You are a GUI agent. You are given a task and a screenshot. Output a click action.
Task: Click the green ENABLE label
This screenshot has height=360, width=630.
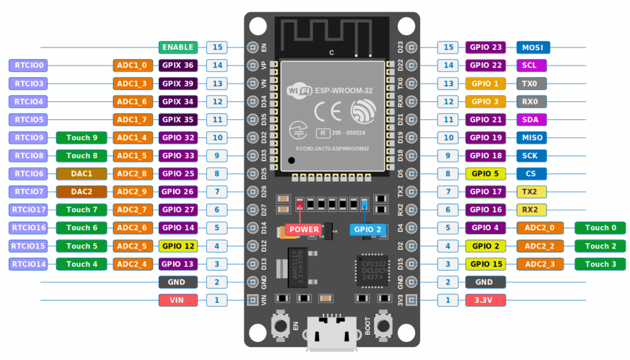tap(178, 47)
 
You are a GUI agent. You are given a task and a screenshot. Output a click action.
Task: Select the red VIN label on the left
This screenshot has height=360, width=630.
tap(178, 300)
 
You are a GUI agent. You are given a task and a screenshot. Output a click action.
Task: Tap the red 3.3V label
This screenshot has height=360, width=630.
tap(485, 300)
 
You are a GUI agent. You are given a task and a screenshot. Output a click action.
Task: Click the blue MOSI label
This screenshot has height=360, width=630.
tap(532, 47)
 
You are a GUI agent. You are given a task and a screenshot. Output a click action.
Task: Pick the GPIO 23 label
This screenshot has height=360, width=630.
tap(485, 47)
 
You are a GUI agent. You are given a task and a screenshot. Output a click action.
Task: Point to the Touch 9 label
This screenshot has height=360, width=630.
tap(81, 138)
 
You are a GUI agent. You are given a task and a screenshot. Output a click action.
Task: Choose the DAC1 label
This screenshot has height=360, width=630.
tap(81, 174)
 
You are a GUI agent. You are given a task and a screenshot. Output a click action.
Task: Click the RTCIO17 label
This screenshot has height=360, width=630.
tap(28, 210)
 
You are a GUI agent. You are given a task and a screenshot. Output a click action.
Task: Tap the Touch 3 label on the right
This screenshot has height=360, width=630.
tap(600, 264)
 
